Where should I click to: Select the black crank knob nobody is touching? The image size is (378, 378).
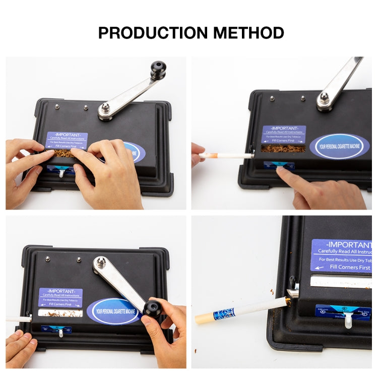coord(158,70)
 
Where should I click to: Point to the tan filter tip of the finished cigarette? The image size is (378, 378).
coord(205,319)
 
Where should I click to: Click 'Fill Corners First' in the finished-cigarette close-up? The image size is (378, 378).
coord(345,267)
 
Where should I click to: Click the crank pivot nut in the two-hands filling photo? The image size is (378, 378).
coord(105,108)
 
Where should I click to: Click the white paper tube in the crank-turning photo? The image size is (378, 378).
coord(18,318)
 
